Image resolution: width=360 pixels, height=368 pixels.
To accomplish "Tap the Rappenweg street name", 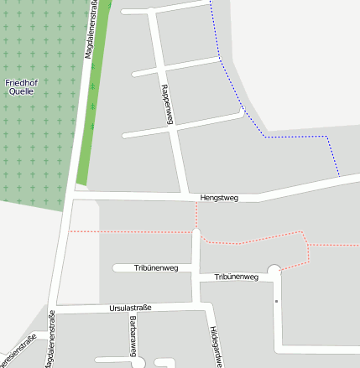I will [x=166, y=104].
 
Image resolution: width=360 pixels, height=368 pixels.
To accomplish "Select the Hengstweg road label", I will [x=219, y=198].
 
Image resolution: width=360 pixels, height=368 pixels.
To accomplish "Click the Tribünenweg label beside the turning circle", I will [x=236, y=277].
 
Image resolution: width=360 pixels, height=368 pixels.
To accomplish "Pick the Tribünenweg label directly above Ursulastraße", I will [x=156, y=268].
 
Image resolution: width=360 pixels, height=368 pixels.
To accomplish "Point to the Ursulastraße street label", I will [x=130, y=308].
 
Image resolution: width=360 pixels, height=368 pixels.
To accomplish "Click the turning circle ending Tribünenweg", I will [x=274, y=271].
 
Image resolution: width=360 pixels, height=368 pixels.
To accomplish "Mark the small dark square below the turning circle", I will [x=276, y=300].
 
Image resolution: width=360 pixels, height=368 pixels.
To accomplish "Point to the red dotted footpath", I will [x=134, y=231].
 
